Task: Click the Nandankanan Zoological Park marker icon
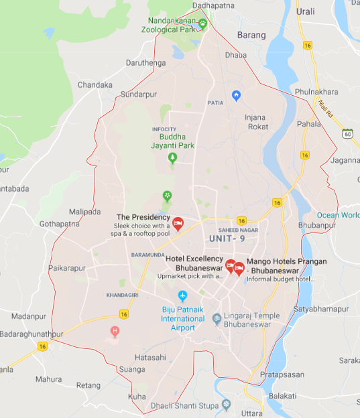coord(202,23)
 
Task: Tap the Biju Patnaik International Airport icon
coord(183,296)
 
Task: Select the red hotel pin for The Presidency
coord(178,223)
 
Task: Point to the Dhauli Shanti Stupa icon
coord(226,404)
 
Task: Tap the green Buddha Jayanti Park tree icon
coord(172,157)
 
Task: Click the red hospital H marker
coord(115,331)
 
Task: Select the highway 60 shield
coord(347,134)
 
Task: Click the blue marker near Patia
coord(235,96)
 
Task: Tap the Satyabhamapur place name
coord(321,309)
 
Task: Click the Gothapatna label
coord(59,224)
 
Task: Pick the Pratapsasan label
coord(282,374)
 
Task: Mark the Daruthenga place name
coord(145,64)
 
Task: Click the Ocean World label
coord(338,215)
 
